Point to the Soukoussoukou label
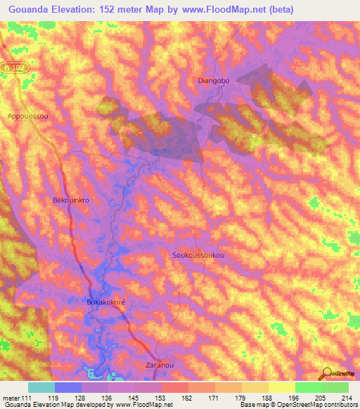coord(198,256)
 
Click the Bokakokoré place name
coord(105,302)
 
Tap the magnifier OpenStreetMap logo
coord(326,374)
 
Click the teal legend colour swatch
coord(41,387)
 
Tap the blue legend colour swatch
coord(68,387)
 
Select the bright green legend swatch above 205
coord(308,387)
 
